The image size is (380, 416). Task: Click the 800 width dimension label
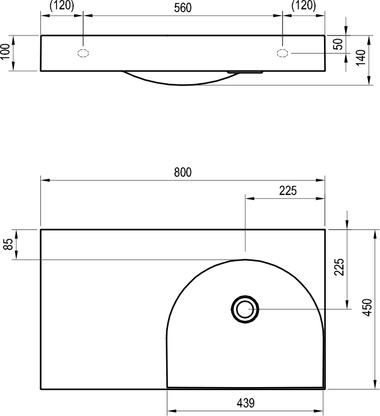pos(182,172)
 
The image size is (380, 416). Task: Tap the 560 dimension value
pos(182,8)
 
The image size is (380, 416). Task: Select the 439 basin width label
pos(246,403)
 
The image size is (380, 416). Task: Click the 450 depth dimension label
pos(368,308)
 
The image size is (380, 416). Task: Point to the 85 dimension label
pos(8,244)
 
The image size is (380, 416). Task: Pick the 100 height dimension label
pos(5,52)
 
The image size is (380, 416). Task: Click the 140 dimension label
pos(361,58)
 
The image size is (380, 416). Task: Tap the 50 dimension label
pos(338,44)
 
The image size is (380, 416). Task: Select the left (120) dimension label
pos(62,5)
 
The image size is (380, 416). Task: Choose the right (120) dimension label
pos(304,5)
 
